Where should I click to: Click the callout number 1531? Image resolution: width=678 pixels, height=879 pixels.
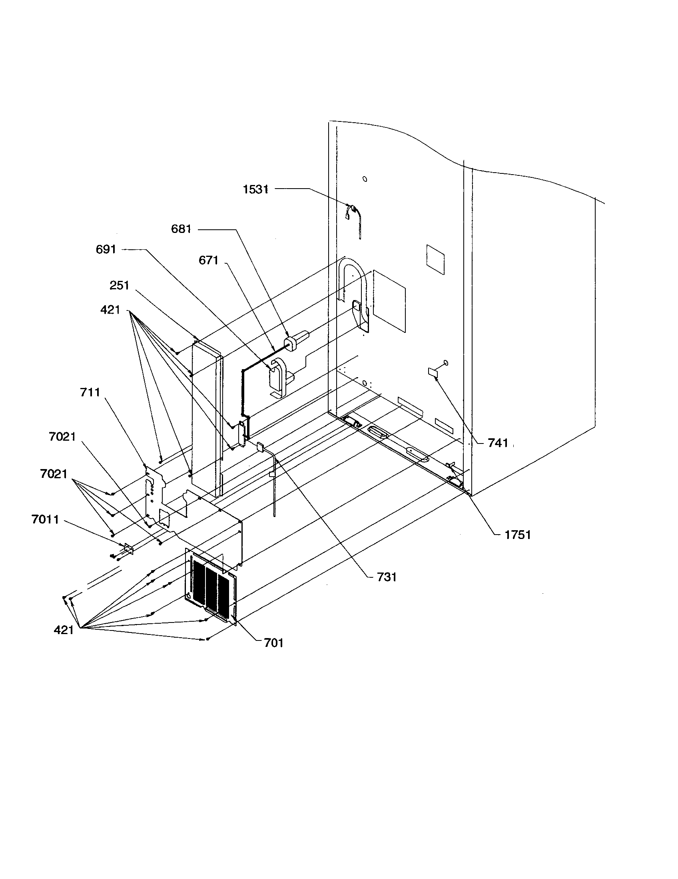(x=255, y=189)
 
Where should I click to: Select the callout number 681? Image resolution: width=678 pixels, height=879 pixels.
(x=181, y=229)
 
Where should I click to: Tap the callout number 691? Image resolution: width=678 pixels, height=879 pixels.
(x=106, y=250)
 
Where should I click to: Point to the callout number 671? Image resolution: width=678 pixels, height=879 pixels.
(x=208, y=261)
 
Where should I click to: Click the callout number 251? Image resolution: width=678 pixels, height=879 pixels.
(x=119, y=285)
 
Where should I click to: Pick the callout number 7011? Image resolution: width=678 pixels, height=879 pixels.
(x=45, y=519)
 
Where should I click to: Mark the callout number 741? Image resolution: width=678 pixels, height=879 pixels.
(x=498, y=443)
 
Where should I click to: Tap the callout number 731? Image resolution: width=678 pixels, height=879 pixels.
(x=387, y=577)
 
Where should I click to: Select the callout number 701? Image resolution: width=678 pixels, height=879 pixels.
(x=273, y=643)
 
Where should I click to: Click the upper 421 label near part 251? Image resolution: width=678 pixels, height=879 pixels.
(x=110, y=310)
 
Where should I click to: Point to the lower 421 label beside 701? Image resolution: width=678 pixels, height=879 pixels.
(x=64, y=630)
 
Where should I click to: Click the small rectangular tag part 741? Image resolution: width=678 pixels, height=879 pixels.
(x=433, y=372)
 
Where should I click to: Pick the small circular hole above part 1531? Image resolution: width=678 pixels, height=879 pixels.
(x=365, y=179)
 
